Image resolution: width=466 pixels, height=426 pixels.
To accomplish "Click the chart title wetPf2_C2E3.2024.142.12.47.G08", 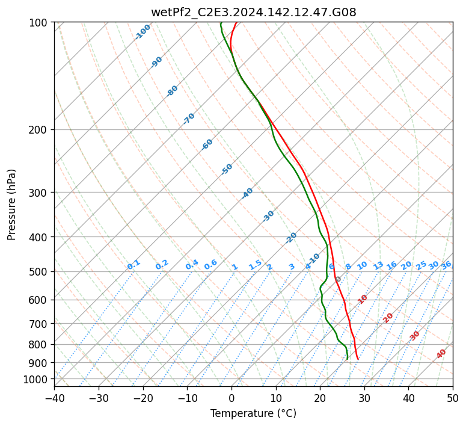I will pos(253,12).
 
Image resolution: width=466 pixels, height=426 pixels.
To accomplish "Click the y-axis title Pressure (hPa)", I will pos(12,204).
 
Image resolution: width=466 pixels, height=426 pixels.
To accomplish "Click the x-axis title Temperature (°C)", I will pos(253,413).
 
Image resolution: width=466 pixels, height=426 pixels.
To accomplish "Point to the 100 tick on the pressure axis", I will pos(39,22).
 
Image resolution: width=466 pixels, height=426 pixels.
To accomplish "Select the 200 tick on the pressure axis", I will pos(39,129).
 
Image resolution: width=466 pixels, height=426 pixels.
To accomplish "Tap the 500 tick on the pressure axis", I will pos(39,271).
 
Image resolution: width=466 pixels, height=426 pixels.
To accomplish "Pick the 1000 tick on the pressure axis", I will pos(37,379).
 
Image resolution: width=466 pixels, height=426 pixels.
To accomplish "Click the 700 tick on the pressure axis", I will pos(39,324).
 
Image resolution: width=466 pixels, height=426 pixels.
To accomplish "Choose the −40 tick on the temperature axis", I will pos(54,398).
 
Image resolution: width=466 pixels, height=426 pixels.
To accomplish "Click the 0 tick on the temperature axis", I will pos(231,398).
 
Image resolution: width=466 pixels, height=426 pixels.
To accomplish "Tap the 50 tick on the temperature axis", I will pos(453,398).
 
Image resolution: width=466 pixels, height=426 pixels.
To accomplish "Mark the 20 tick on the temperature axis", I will pos(320,398).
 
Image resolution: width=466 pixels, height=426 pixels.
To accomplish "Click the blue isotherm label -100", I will pos(143,32).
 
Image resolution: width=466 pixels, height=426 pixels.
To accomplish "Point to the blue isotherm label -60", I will pos(207,144).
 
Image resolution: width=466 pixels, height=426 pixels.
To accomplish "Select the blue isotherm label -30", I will pos(269,216).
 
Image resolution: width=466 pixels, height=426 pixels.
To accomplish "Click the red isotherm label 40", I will pos(441,354).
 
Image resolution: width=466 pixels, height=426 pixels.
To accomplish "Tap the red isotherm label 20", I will pos(388,318).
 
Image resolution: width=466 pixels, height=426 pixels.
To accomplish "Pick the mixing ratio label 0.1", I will pos(133,265).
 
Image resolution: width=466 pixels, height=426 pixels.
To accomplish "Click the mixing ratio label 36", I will pos(446,265).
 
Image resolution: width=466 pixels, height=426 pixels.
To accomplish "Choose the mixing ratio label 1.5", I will pos(255,265).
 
